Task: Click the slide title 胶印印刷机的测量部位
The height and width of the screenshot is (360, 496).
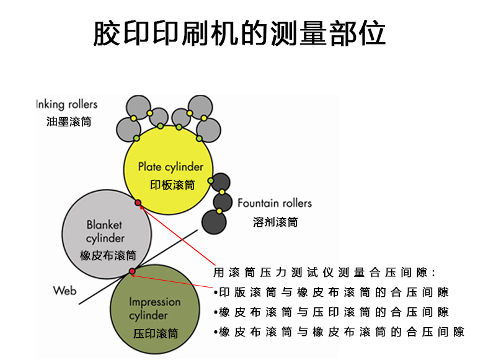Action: pos(239,34)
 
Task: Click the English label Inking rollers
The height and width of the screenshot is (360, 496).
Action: pos(67,104)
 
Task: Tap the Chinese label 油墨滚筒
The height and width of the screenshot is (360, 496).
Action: pos(69,121)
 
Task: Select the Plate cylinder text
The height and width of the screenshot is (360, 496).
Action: pos(170,167)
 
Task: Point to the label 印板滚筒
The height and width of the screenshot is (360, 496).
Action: pos(172,185)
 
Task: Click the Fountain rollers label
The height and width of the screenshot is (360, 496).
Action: pos(275,203)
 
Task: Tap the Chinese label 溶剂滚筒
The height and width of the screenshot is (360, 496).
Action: pos(275,221)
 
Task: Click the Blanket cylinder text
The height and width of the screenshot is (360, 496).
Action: pos(105,231)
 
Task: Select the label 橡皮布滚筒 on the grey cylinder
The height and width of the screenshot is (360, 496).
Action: pos(108,255)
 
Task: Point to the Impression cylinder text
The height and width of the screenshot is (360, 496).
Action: pos(155,309)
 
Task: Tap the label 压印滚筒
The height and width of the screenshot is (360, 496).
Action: pos(156,333)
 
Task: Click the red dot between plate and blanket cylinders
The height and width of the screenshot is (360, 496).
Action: pos(138,203)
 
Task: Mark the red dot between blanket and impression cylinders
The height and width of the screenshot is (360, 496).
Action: pos(132,271)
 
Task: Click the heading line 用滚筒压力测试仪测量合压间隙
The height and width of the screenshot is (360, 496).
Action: pos(325,272)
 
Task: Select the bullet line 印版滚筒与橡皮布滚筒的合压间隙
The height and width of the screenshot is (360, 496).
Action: pos(331,292)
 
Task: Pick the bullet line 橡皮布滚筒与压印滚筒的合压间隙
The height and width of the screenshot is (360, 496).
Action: pos(331,312)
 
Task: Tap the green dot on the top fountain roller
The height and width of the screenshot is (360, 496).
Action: pos(211,181)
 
